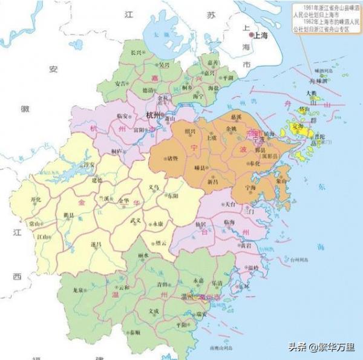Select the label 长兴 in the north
[137, 53]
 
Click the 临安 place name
[122, 116]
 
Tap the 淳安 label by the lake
[89, 164]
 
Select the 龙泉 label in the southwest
[77, 290]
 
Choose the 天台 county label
[229, 204]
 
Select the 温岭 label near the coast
[252, 267]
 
